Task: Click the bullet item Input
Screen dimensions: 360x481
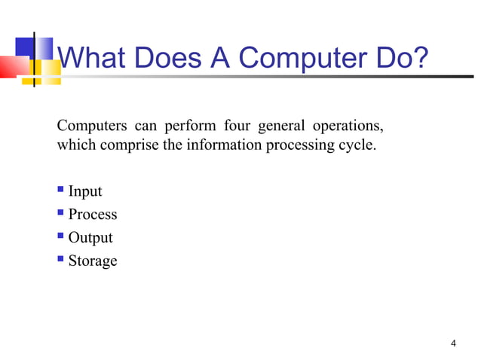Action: [x=85, y=191]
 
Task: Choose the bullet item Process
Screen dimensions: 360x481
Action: [x=93, y=215]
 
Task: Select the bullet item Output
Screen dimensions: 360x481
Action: [x=90, y=238]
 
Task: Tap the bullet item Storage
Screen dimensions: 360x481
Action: [x=93, y=261]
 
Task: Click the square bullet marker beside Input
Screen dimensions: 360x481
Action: [x=61, y=191]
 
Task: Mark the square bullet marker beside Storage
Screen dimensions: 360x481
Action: [x=61, y=261]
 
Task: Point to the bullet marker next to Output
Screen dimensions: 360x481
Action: [x=61, y=237]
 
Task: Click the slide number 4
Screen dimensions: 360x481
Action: [x=452, y=344]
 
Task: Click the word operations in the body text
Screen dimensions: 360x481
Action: [x=346, y=124]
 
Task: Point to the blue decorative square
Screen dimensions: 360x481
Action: [x=26, y=47]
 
